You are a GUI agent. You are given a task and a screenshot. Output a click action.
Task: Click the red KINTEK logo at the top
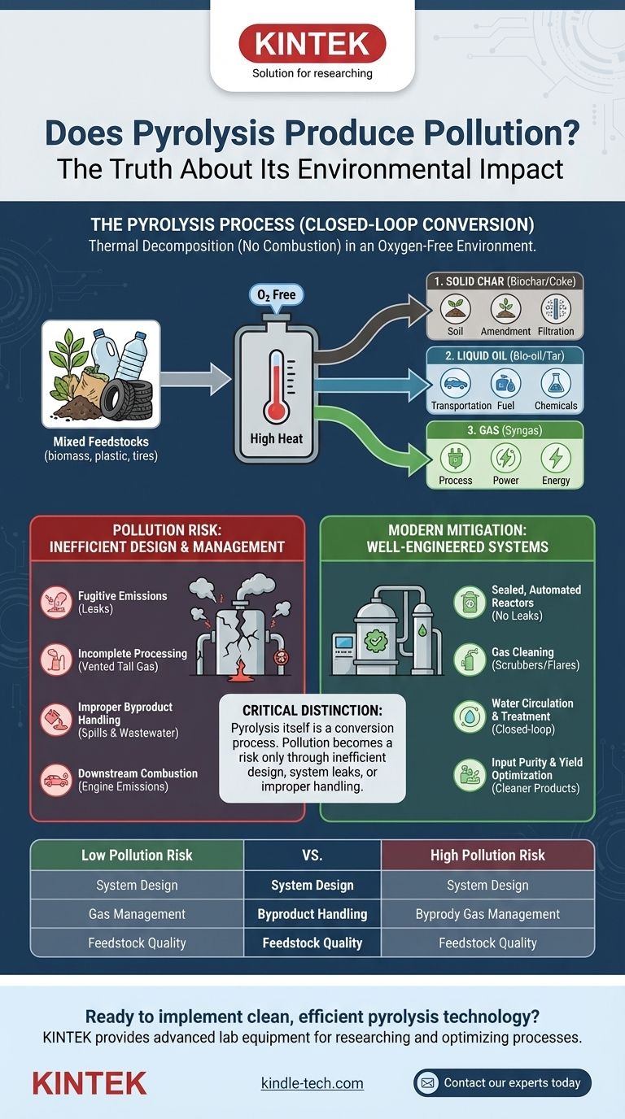(312, 44)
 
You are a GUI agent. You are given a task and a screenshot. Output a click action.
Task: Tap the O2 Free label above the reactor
(277, 294)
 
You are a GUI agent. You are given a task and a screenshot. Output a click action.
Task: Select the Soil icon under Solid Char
(456, 309)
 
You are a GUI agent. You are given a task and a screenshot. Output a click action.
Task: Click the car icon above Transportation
(456, 383)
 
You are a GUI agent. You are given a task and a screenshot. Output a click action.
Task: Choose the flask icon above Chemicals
(556, 383)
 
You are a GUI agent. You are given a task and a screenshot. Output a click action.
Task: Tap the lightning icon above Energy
(556, 458)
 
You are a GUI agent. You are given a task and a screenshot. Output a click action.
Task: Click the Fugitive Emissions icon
(56, 603)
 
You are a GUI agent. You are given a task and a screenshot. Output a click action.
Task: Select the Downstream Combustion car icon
(56, 779)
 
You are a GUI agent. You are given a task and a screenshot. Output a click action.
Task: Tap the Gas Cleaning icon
(470, 659)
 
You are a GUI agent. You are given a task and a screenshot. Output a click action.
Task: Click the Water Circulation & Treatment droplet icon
(470, 716)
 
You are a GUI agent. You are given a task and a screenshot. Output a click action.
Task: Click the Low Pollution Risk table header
(137, 855)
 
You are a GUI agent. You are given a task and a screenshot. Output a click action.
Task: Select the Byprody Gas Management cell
(487, 914)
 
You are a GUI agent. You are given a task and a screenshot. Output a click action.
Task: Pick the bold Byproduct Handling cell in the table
(312, 914)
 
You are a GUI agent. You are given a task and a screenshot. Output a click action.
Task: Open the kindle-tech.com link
(312, 1083)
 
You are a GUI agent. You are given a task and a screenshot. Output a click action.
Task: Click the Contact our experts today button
(502, 1082)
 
